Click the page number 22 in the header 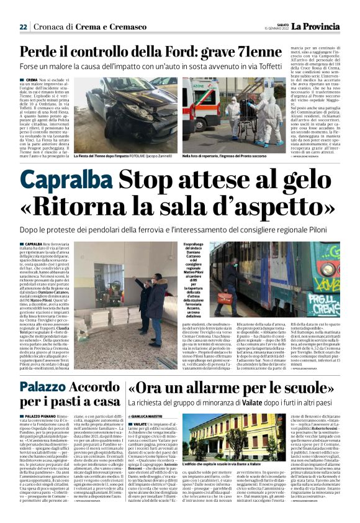[x=23, y=27]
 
